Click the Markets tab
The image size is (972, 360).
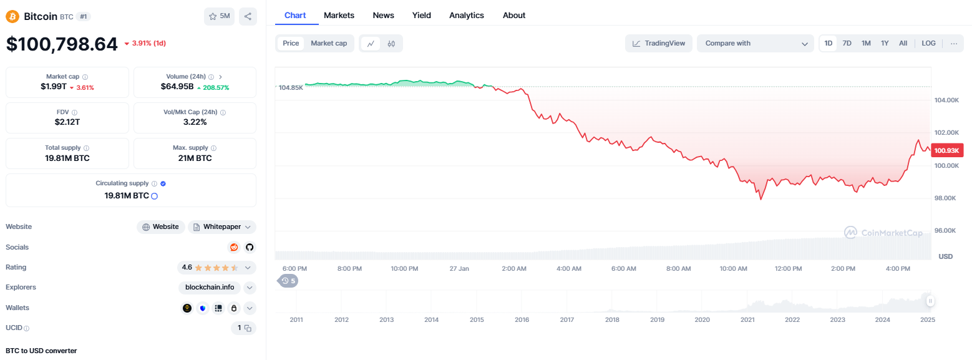point(339,15)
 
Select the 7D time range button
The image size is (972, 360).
point(847,44)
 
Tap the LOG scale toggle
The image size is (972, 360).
point(928,44)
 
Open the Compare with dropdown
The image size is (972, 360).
point(756,44)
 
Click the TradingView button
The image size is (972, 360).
point(659,44)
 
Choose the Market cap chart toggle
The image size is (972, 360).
point(329,44)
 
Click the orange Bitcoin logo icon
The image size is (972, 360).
point(12,16)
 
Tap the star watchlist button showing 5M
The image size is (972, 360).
point(219,16)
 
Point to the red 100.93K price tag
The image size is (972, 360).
point(947,150)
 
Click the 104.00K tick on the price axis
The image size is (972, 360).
point(946,100)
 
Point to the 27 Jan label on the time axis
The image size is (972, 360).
point(459,268)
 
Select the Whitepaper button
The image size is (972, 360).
point(221,227)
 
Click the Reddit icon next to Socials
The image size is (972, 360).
point(234,247)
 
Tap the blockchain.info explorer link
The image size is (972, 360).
point(210,287)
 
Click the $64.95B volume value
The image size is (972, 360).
point(177,87)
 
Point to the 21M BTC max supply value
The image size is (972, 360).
point(195,158)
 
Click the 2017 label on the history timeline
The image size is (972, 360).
point(566,319)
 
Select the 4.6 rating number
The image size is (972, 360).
point(187,267)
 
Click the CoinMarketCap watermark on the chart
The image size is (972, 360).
point(883,233)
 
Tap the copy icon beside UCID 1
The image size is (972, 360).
point(248,328)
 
